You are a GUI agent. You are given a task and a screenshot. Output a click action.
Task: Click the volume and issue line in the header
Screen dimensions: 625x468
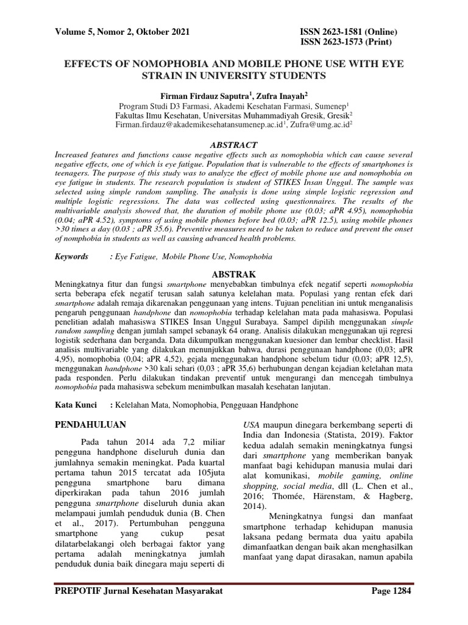point(122,31)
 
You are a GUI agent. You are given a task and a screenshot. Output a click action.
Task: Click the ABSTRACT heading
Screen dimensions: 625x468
point(233,144)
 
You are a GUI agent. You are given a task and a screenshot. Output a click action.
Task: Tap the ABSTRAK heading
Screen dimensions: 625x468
point(233,274)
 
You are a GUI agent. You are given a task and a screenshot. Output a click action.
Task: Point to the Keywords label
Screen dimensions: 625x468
point(71,258)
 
